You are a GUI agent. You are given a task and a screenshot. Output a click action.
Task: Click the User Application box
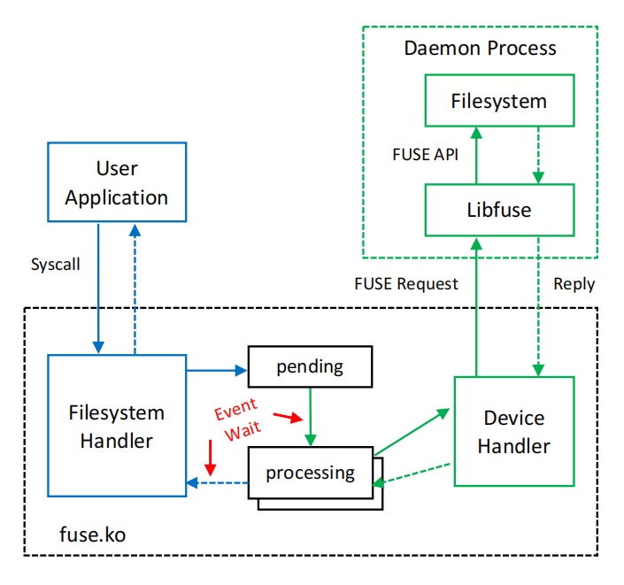[x=116, y=182]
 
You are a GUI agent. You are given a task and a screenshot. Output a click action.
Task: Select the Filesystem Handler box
[x=116, y=426]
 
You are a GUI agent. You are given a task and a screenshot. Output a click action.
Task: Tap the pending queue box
[x=310, y=366]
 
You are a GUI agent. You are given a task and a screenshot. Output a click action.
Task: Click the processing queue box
[x=310, y=473]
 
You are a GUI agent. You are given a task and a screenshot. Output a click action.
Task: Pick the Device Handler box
[x=513, y=431]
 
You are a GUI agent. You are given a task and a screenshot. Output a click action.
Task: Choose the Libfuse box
[x=498, y=210]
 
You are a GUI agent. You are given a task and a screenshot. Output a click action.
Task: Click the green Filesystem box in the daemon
[x=498, y=101]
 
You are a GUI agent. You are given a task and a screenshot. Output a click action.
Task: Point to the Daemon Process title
[x=481, y=48]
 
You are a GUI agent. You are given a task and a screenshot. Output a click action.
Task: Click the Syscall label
[x=56, y=265]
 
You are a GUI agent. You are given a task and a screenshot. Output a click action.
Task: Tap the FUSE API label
[x=426, y=154]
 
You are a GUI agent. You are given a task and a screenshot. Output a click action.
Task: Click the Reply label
[x=574, y=284]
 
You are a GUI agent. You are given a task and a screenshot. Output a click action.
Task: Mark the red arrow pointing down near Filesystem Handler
[x=210, y=456]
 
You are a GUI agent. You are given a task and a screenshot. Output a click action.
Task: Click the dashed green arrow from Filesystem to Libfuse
[x=537, y=154]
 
